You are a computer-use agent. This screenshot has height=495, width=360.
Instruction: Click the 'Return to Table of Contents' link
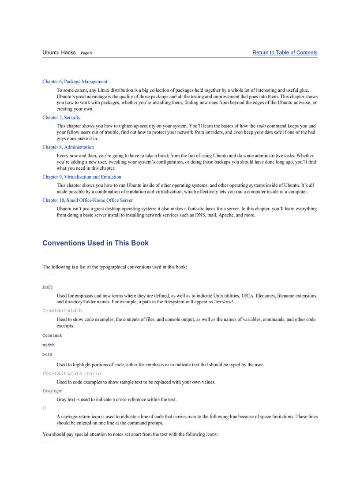pyautogui.click(x=285, y=52)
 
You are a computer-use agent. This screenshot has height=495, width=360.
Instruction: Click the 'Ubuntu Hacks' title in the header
pyautogui.click(x=59, y=52)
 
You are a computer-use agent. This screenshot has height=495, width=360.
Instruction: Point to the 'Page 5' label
pyautogui.click(x=86, y=53)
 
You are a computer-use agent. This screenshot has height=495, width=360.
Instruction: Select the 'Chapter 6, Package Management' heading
pyautogui.click(x=75, y=82)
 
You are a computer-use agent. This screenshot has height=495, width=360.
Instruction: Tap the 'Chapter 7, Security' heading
pyautogui.click(x=61, y=118)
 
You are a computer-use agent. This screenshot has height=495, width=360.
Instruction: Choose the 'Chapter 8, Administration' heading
pyautogui.click(x=68, y=147)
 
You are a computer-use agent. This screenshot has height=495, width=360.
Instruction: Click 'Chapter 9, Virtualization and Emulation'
pyautogui.click(x=82, y=177)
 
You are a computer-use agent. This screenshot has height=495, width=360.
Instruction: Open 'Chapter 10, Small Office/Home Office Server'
pyautogui.click(x=87, y=200)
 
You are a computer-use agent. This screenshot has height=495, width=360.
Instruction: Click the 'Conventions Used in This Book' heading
pyautogui.click(x=95, y=243)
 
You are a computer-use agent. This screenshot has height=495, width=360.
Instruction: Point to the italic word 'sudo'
pyautogui.click(x=261, y=126)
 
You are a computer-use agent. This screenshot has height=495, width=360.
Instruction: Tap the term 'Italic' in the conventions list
pyautogui.click(x=48, y=287)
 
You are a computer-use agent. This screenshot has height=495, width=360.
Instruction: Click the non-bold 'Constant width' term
pyautogui.click(x=62, y=310)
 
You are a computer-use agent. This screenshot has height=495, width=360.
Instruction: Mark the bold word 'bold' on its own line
pyautogui.click(x=47, y=354)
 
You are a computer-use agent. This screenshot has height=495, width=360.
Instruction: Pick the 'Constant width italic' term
pyautogui.click(x=71, y=373)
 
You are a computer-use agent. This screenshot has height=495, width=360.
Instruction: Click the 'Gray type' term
pyautogui.click(x=52, y=391)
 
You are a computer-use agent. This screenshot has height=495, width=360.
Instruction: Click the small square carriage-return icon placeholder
pyautogui.click(x=44, y=408)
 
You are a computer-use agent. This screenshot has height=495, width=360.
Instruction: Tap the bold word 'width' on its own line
pyautogui.click(x=49, y=345)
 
